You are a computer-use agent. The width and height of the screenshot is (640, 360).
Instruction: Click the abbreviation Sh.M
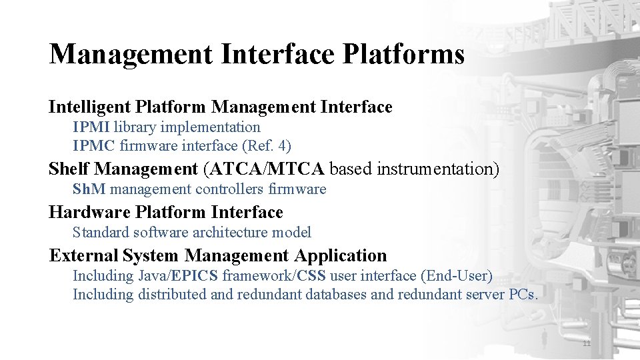[x=89, y=189]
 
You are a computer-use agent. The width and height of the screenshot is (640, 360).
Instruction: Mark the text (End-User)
[x=461, y=275]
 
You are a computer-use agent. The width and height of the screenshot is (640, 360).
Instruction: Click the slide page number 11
[x=587, y=344]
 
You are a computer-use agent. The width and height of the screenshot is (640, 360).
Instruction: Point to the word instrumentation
[x=437, y=169]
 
